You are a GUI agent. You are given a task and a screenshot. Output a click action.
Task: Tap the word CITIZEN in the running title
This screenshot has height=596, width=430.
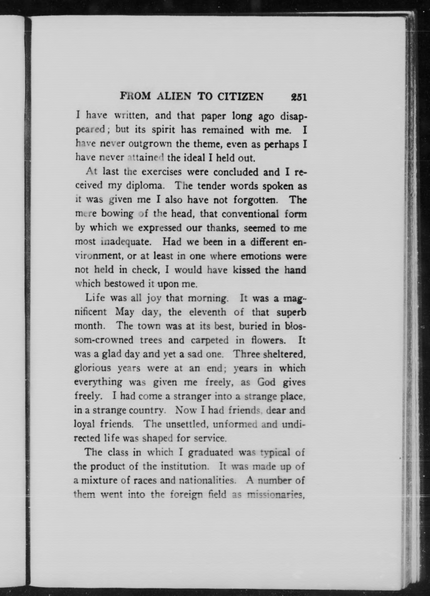pos(240,97)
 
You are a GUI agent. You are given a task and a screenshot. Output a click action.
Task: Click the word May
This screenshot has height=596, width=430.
pos(125,312)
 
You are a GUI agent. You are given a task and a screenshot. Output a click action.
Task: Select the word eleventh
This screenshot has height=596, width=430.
pos(207,312)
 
